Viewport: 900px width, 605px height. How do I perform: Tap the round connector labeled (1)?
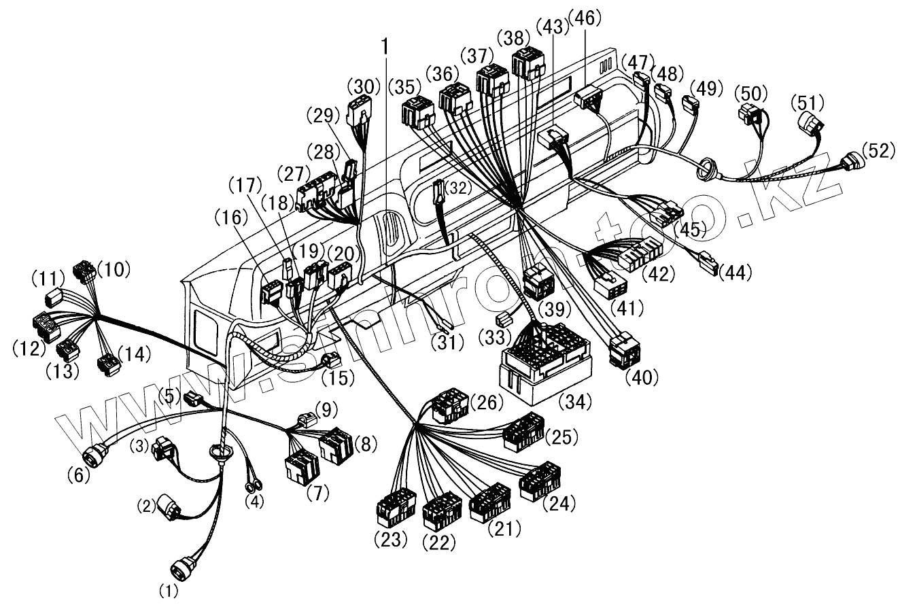(x=181, y=566)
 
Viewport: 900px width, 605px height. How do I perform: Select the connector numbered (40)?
(x=624, y=351)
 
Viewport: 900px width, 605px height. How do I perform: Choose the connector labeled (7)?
(x=300, y=466)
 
